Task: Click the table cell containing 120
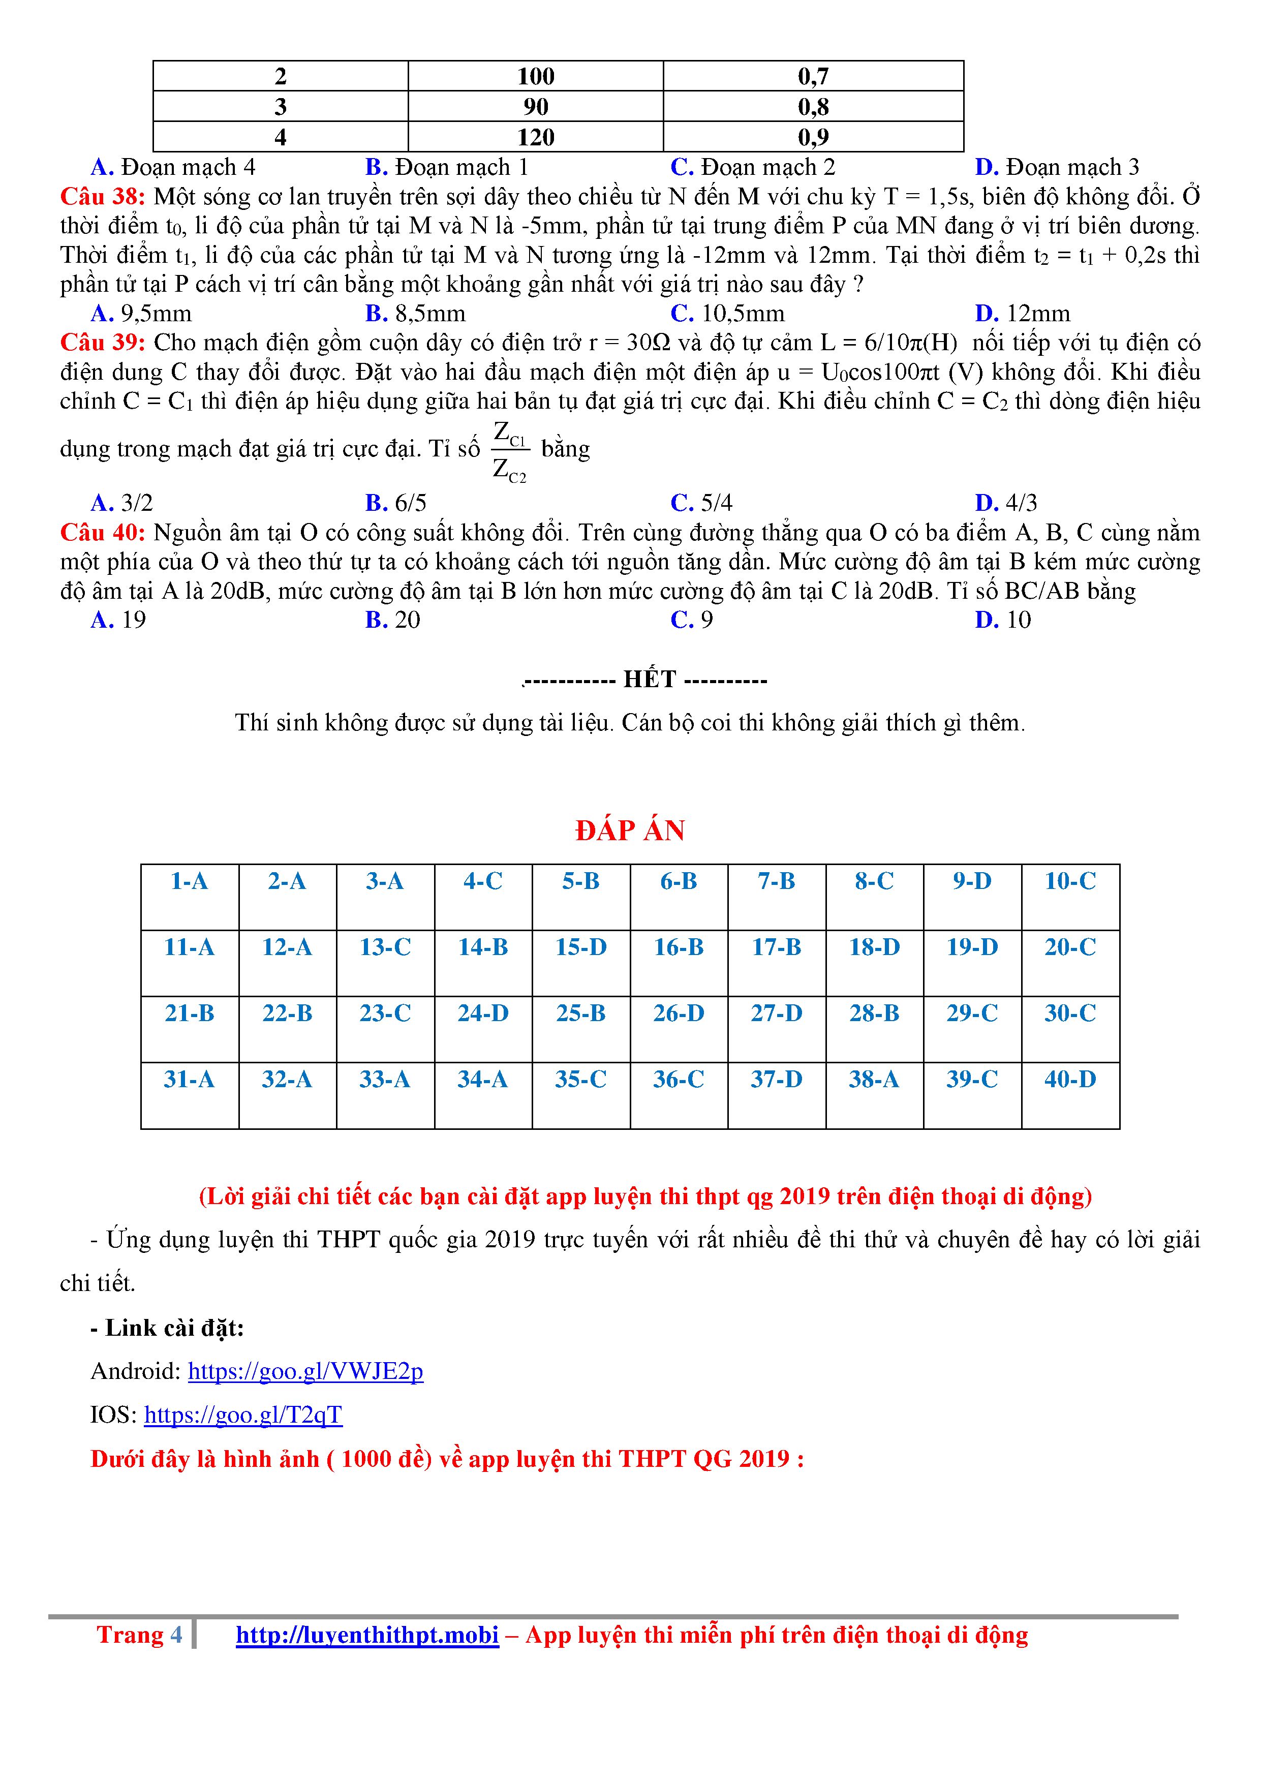[x=536, y=137]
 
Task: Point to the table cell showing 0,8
[x=813, y=106]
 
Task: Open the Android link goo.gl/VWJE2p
[x=305, y=1371]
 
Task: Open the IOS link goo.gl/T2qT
[x=243, y=1415]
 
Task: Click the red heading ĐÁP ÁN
[x=630, y=830]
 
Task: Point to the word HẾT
[x=650, y=680]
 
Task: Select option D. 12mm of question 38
[x=1023, y=314]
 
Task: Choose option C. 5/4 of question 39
[x=701, y=503]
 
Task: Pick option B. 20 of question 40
[x=393, y=620]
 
